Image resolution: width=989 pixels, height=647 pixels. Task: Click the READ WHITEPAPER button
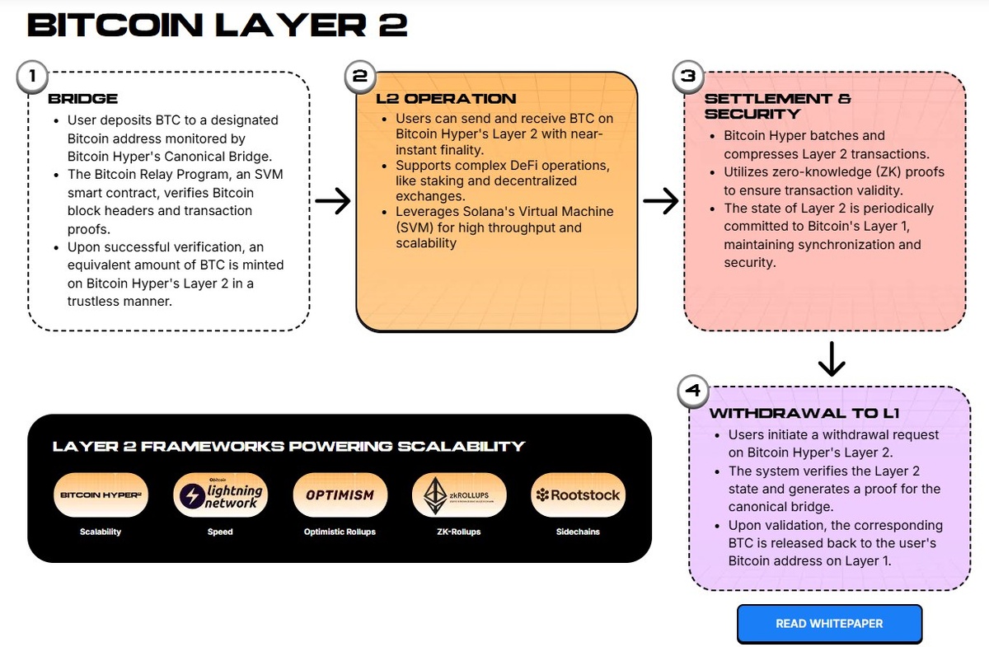tap(829, 624)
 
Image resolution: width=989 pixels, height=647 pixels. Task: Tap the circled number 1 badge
tap(31, 77)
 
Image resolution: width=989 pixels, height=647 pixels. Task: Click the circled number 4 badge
tap(693, 390)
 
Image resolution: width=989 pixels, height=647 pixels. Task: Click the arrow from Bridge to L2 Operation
tap(333, 201)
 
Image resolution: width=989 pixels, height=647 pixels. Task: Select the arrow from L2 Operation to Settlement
tap(660, 201)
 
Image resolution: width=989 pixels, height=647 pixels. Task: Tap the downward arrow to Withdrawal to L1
tap(832, 358)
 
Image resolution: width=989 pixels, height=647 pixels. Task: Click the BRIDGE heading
tap(82, 99)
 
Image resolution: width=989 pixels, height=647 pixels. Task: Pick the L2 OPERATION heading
tap(446, 99)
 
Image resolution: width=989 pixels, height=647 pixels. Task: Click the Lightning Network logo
tap(220, 495)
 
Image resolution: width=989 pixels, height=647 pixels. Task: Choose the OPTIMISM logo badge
tap(340, 495)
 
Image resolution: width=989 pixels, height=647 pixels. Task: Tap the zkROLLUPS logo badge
tap(457, 495)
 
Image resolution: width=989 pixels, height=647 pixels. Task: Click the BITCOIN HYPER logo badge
tap(101, 495)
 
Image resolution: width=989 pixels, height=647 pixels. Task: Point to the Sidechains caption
tap(577, 532)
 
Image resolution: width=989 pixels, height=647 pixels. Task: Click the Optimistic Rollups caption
tap(340, 532)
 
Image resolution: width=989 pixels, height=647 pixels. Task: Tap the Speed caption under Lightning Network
tap(220, 532)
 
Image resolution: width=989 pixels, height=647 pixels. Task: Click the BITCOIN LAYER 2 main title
tap(218, 26)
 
